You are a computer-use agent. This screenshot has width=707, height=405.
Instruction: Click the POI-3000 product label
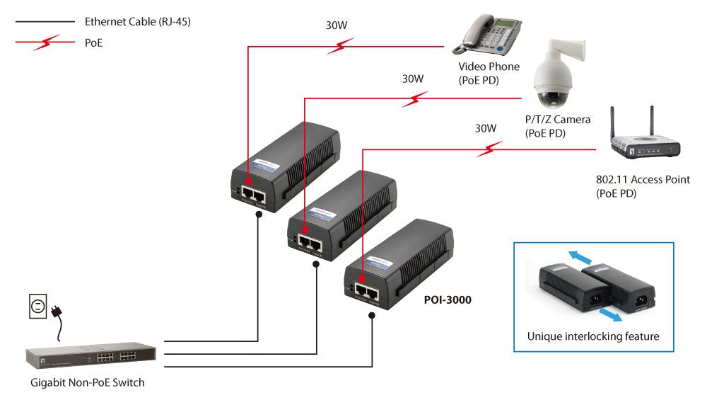(447, 300)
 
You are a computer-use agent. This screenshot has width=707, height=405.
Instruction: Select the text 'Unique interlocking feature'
(592, 336)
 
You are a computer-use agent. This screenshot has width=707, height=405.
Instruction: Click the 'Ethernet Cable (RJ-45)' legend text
(137, 22)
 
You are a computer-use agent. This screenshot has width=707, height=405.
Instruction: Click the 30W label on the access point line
(485, 128)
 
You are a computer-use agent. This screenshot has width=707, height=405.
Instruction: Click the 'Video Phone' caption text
(489, 67)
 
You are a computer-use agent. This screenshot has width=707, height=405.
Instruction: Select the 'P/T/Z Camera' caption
(557, 120)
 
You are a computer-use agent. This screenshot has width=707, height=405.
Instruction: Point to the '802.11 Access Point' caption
(643, 179)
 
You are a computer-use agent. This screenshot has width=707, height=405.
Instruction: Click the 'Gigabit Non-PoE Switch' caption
(88, 382)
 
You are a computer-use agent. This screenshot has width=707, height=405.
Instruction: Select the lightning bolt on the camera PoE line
(414, 98)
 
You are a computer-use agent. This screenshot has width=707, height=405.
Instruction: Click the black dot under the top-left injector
(260, 212)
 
